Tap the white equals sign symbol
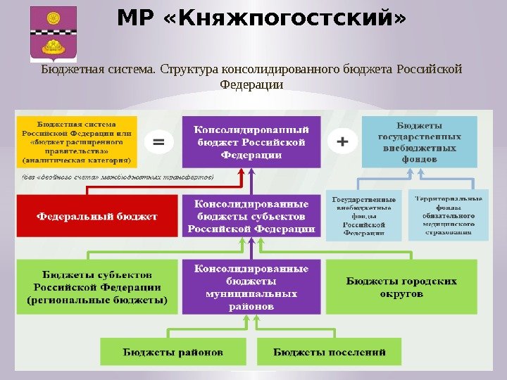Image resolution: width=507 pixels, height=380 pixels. pos(159,141)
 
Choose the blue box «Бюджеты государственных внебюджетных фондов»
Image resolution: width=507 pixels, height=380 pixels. pos(420,141)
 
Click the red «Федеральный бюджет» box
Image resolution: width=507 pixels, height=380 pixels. pos(97,216)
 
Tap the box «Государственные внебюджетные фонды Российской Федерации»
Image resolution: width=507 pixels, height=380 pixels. pos(364,214)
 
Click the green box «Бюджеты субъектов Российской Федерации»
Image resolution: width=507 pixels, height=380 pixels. pos(97,286)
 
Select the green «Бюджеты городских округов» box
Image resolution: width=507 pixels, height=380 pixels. pos(401,286)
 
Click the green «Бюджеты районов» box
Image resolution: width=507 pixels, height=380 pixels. pos(173,351)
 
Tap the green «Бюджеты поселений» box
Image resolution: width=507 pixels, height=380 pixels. pos(330,351)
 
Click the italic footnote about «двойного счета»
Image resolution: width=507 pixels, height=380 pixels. pos(113,177)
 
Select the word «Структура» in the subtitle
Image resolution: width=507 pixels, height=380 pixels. pos(189,70)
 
